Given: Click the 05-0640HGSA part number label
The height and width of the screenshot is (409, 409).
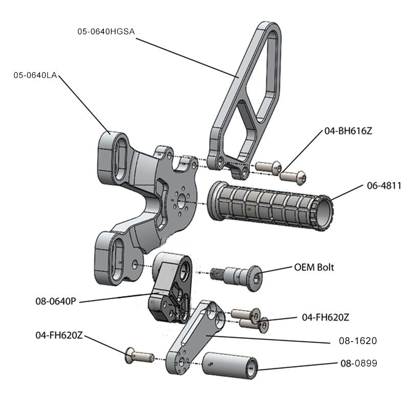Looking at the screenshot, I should [106, 32].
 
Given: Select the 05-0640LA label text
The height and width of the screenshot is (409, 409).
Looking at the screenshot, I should [35, 76].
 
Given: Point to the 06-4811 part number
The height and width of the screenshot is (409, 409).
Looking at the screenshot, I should [383, 186].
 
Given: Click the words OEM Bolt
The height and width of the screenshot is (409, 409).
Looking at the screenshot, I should [314, 267].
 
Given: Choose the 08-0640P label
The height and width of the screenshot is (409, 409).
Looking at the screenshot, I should [56, 301].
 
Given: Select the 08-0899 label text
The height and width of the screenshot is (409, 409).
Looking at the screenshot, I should [358, 363].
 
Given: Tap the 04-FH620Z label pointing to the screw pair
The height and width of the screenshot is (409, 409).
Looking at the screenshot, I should [326, 317].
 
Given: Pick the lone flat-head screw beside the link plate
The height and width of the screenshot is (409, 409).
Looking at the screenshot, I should [140, 354].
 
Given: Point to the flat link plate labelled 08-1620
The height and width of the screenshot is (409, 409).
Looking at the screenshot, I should [197, 337].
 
